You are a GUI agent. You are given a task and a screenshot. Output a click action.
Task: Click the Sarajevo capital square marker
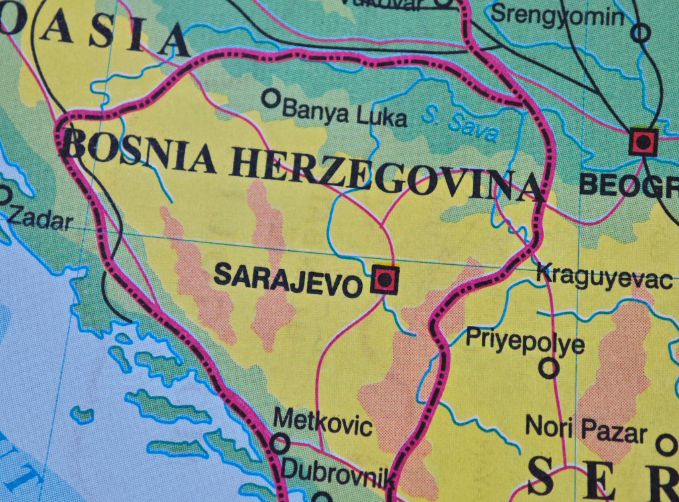(x=385, y=279)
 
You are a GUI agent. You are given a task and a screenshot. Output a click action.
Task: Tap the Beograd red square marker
(x=643, y=141)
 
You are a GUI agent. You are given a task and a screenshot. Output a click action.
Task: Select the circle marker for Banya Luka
(x=270, y=99)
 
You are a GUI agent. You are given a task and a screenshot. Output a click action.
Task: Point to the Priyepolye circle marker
(x=548, y=368)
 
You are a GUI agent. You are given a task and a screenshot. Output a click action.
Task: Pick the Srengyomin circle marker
(x=640, y=32)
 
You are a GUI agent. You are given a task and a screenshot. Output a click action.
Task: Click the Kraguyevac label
(x=604, y=276)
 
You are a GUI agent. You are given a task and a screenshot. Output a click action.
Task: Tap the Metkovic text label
(x=322, y=422)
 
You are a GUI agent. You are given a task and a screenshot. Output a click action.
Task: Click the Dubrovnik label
(x=333, y=472)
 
